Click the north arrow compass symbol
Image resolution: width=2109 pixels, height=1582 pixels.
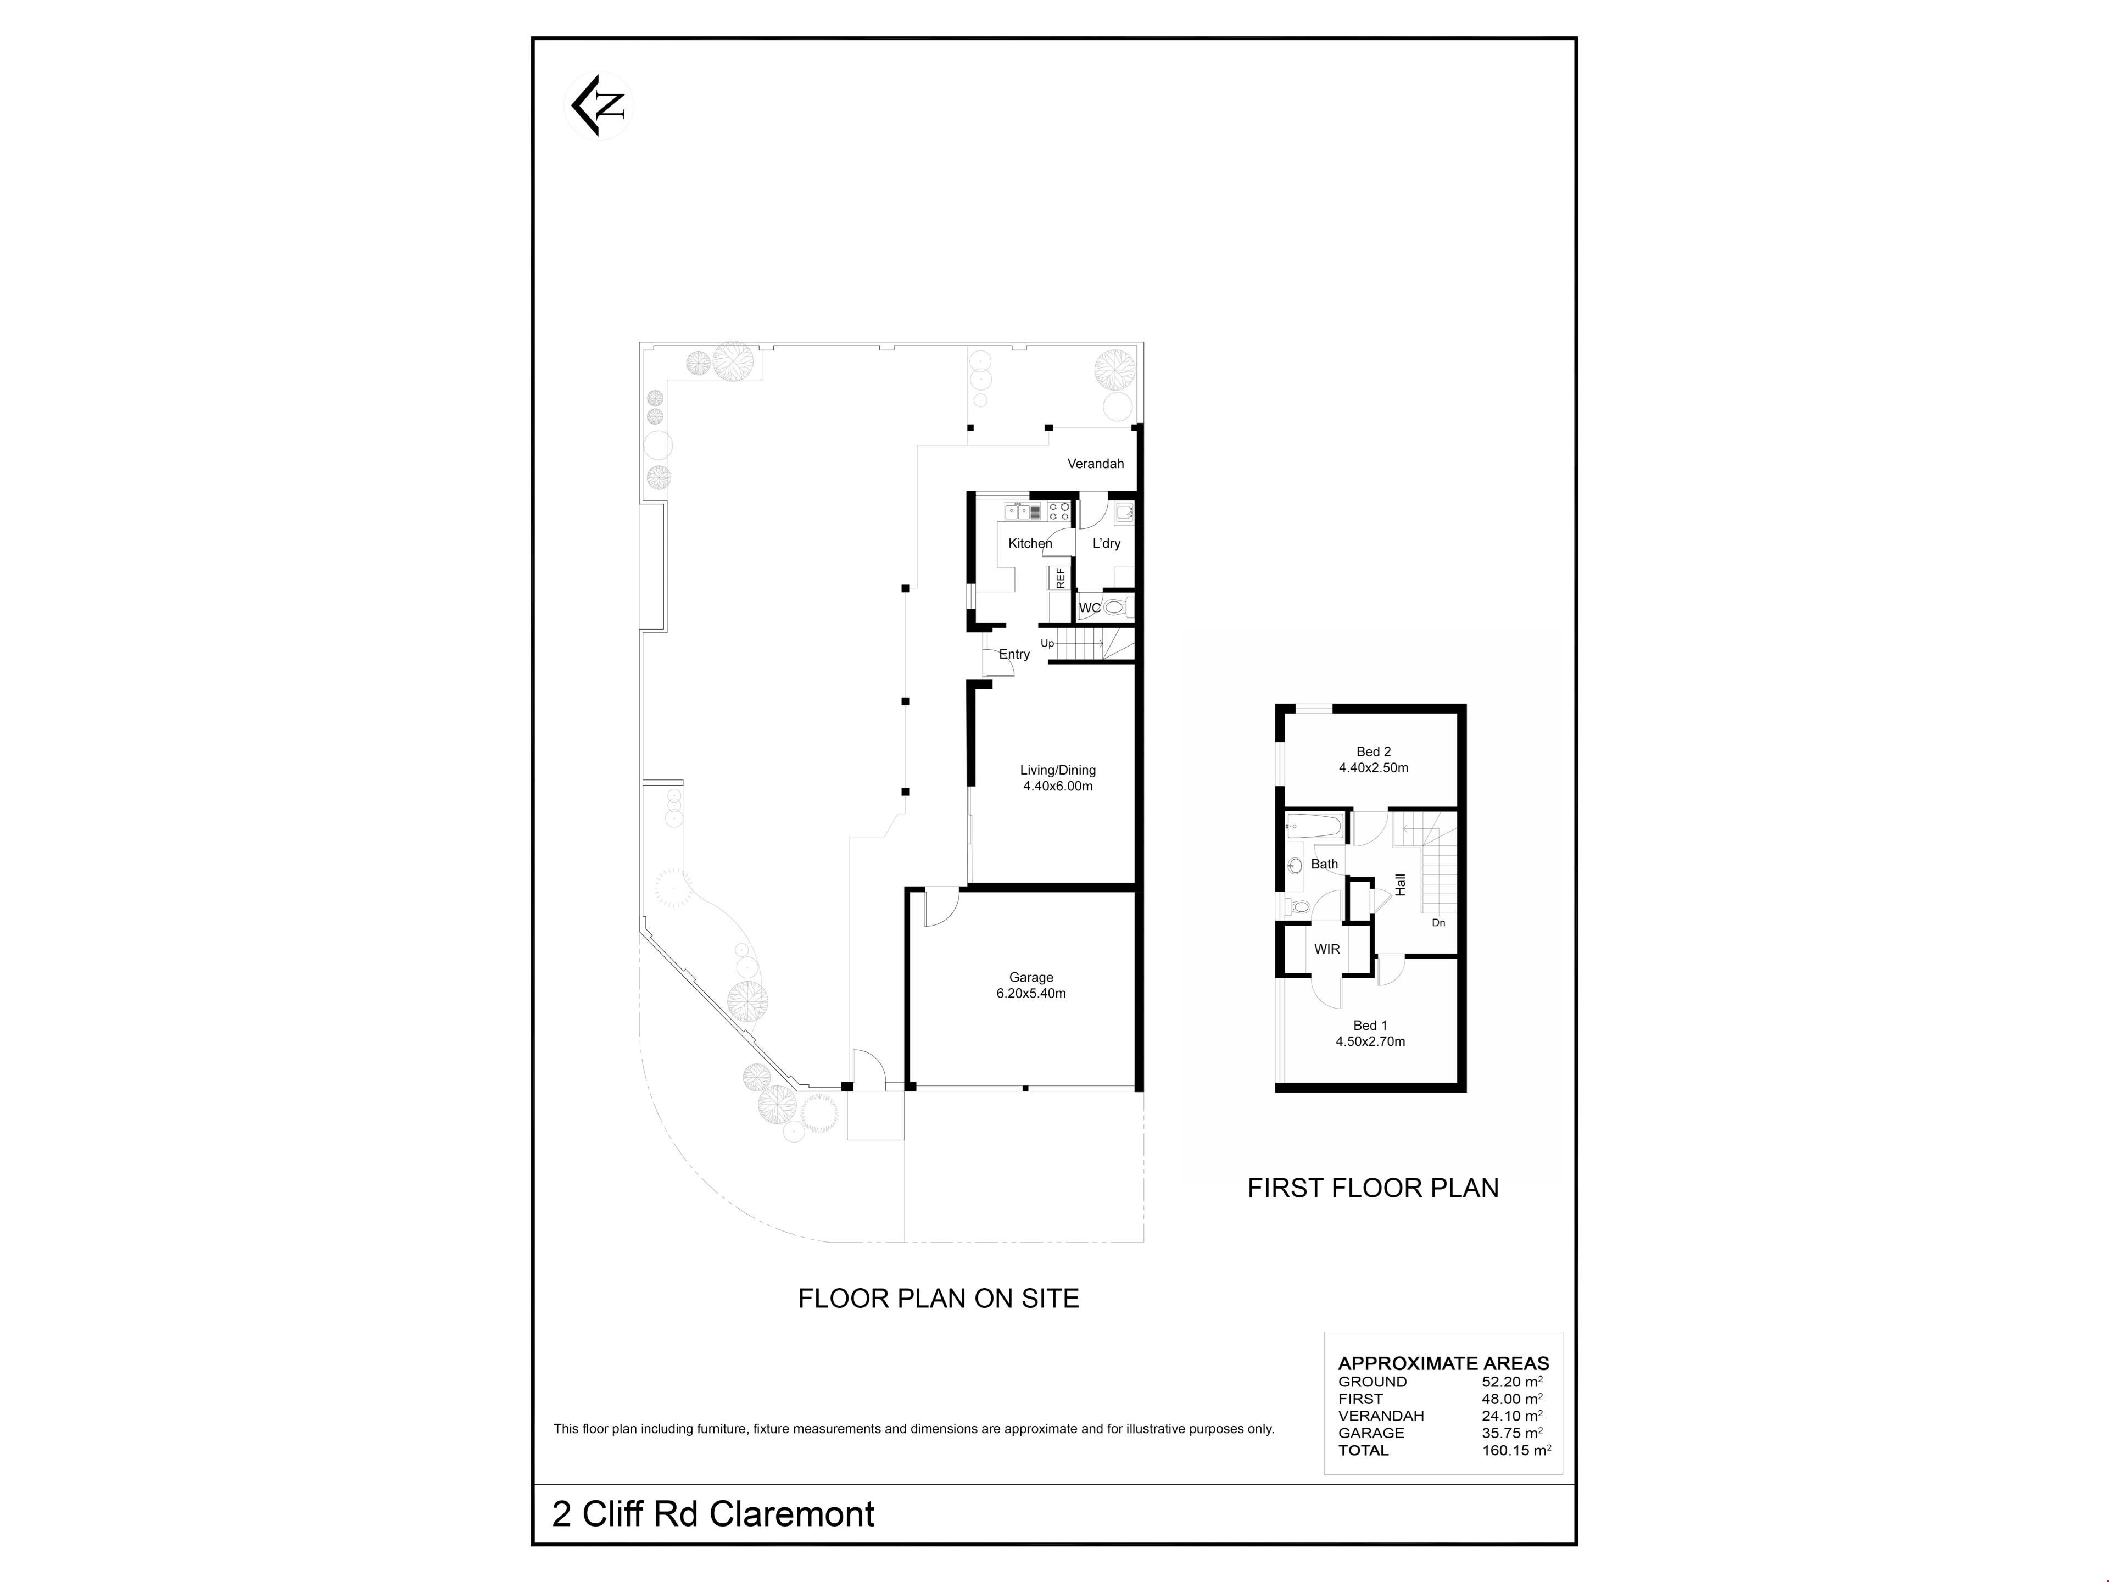click(599, 106)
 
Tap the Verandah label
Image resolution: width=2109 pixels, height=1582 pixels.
click(1096, 464)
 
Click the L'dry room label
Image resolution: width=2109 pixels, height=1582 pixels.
click(1107, 544)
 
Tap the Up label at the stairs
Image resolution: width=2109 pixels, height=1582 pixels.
click(1047, 644)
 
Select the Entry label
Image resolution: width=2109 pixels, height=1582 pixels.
click(1014, 654)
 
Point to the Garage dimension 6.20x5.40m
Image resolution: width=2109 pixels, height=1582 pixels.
click(1031, 994)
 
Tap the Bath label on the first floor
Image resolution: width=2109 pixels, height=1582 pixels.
click(1324, 864)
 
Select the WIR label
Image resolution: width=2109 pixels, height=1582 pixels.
click(1327, 949)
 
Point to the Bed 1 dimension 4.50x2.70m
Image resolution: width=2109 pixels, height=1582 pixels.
click(1371, 1041)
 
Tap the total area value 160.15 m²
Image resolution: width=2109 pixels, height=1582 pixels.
click(1516, 1450)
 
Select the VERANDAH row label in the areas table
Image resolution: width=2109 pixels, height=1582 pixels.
click(1381, 1416)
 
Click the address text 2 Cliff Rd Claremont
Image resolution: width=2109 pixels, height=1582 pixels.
click(713, 1514)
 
